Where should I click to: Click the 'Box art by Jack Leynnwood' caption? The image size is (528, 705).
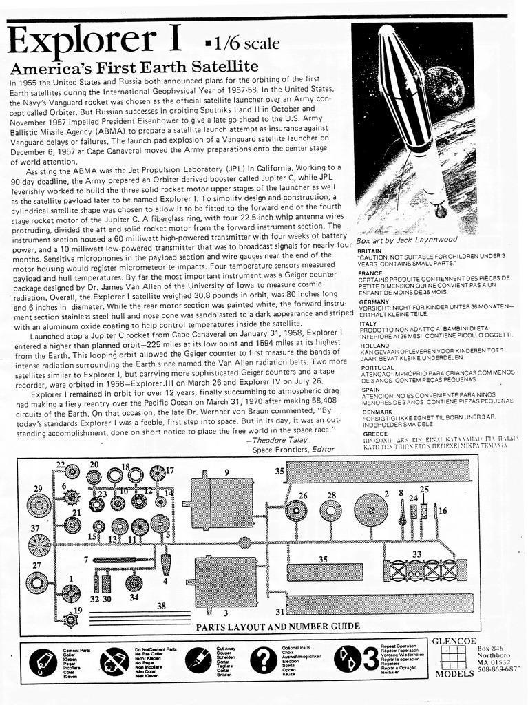(406, 240)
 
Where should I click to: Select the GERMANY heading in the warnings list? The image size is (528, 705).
(374, 302)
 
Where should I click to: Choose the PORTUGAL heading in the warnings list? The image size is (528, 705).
(376, 368)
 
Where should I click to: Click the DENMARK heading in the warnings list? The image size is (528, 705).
(374, 412)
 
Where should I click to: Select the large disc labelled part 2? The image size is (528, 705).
(371, 510)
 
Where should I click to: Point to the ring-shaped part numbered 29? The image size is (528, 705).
(39, 507)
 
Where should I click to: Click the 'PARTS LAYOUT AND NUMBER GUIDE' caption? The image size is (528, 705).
(277, 626)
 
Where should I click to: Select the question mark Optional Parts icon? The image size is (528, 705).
(262, 661)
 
